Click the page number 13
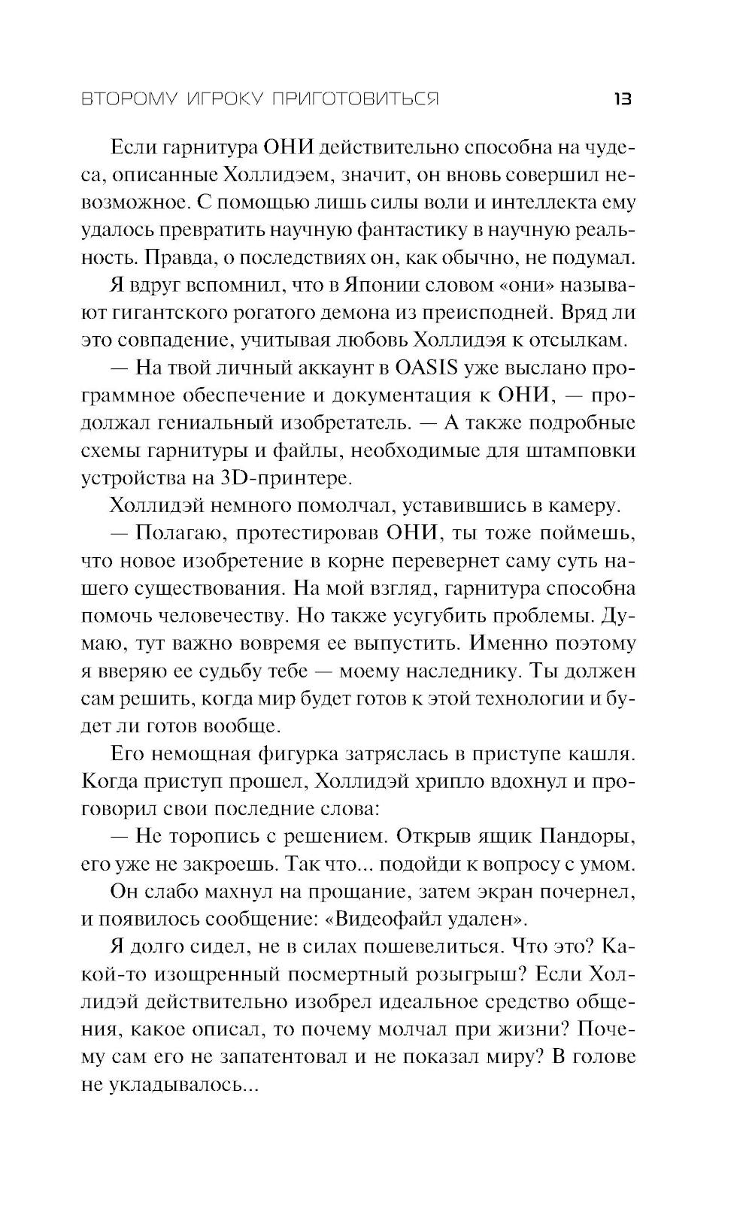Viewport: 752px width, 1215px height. [623, 99]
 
